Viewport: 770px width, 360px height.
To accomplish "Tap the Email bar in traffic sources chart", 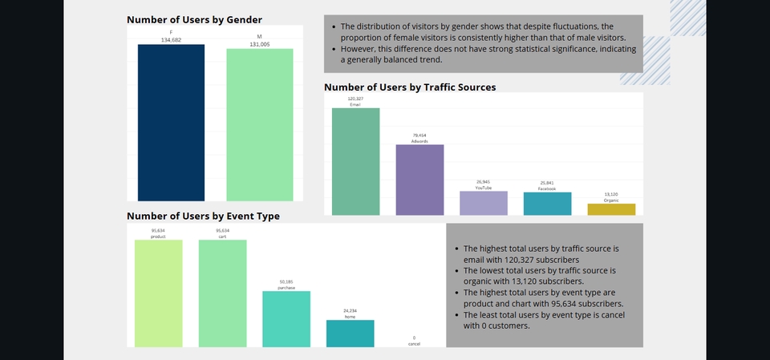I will (355, 161).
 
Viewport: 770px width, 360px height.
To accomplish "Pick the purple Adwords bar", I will (419, 180).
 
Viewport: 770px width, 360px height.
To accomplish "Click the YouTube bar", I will (483, 203).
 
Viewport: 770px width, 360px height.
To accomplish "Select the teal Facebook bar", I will (547, 204).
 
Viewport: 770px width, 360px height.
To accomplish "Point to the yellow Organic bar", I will (611, 209).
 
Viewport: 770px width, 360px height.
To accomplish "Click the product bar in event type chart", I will (158, 293).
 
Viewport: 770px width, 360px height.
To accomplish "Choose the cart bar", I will (222, 293).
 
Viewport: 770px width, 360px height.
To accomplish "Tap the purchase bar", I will (286, 319).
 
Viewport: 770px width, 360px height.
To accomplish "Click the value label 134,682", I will (171, 38).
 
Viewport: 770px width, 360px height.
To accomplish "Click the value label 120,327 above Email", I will (355, 99).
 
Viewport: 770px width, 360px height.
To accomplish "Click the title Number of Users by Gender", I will (194, 18).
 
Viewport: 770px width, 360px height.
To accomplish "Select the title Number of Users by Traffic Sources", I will (410, 87).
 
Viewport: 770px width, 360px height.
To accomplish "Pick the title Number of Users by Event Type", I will (203, 216).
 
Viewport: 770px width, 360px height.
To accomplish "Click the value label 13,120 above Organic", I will (611, 194).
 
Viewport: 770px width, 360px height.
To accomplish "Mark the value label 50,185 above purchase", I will (286, 282).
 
